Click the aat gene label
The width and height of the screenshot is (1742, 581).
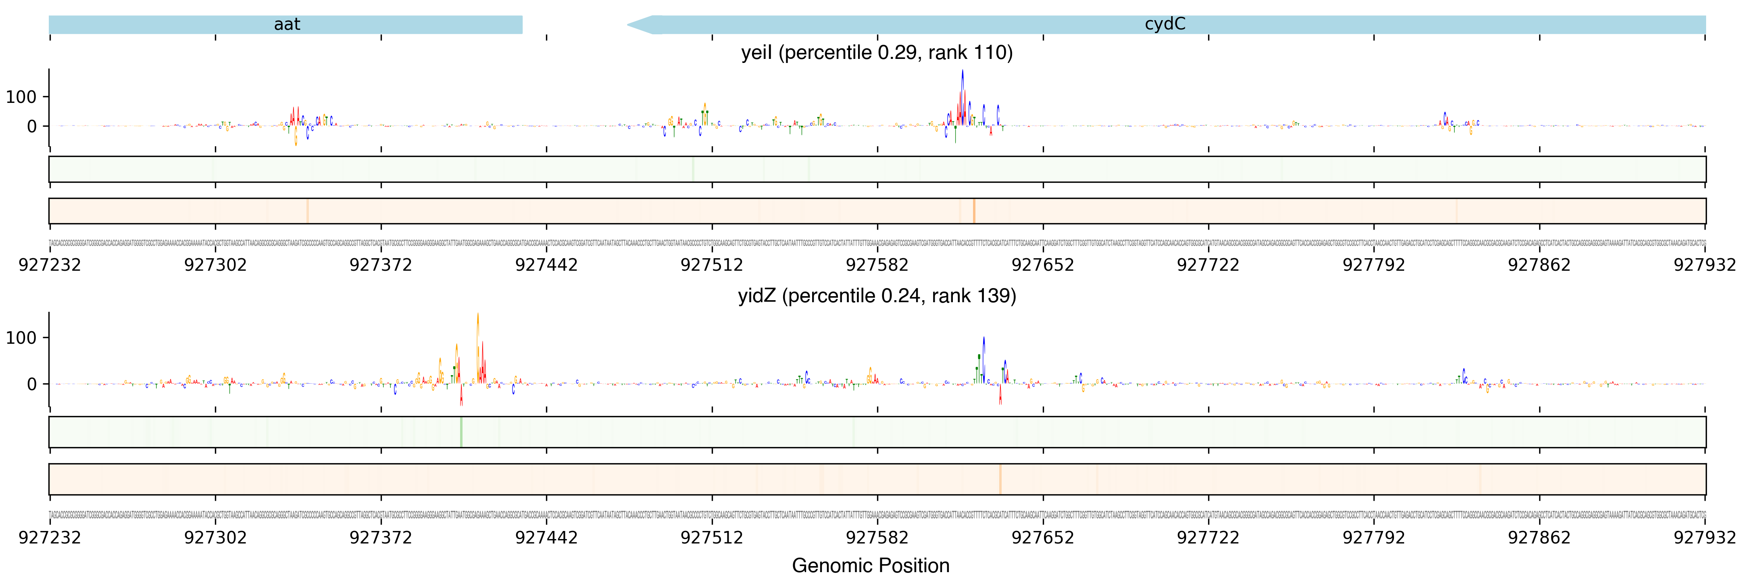tap(287, 24)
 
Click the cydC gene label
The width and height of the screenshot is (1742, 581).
tap(1165, 24)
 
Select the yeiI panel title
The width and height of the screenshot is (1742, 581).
tap(876, 53)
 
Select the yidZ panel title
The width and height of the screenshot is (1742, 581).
tap(876, 296)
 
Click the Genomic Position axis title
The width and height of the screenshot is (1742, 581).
tap(870, 565)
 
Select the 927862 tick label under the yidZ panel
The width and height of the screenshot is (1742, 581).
tap(1539, 538)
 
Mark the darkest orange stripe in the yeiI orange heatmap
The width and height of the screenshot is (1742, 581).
tap(974, 211)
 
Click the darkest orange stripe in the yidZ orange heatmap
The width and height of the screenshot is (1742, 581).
tap(1000, 479)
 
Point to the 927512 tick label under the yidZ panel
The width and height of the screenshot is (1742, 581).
tap(711, 538)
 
